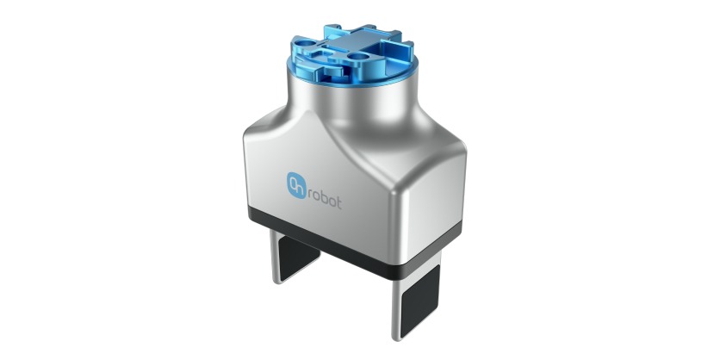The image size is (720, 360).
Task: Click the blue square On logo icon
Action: point(295,183)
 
